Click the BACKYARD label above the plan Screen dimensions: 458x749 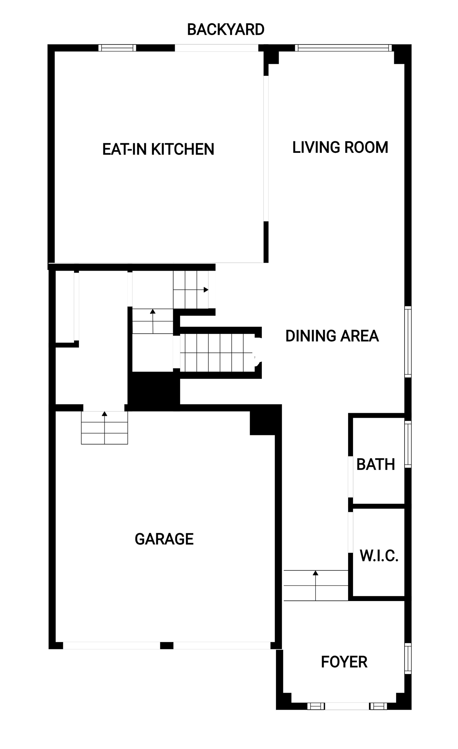click(226, 29)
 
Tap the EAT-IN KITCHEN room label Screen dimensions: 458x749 click(158, 149)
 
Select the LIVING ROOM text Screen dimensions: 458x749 click(340, 148)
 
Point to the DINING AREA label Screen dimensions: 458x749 click(332, 336)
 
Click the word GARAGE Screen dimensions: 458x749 click(164, 539)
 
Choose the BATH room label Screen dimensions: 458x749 click(376, 465)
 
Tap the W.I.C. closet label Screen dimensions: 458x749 click(379, 556)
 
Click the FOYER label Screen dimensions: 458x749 click(344, 662)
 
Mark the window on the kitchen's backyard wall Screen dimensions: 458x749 click(117, 48)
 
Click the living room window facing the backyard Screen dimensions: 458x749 click(343, 48)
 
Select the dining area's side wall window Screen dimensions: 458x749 click(408, 342)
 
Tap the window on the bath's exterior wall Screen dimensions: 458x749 click(408, 444)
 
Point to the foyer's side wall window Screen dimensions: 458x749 click(408, 659)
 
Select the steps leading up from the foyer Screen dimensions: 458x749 click(316, 585)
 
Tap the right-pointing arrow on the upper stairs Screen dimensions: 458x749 click(197, 290)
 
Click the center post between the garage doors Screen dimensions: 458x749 click(166, 645)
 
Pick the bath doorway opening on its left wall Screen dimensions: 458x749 click(350, 477)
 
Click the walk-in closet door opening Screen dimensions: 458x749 click(350, 532)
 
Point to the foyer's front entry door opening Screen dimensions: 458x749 click(347, 706)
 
